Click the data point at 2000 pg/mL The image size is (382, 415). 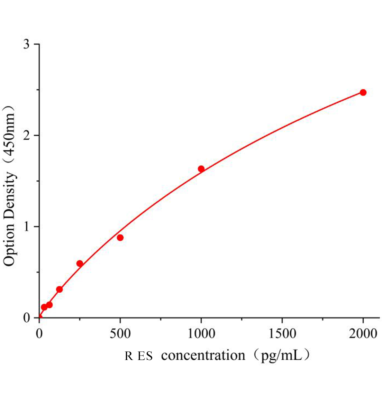(363, 92)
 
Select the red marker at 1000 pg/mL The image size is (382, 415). (201, 169)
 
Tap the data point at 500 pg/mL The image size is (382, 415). (120, 238)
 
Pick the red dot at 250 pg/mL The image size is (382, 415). (80, 264)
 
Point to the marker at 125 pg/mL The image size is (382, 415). (60, 289)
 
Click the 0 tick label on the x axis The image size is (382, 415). (39, 334)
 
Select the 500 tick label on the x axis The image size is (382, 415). (120, 334)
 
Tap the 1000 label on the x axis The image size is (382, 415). (201, 334)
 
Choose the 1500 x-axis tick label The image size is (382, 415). (282, 334)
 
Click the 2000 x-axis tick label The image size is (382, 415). (363, 334)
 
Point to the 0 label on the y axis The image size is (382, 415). (27, 317)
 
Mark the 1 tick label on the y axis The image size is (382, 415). (27, 227)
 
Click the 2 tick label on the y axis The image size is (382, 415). (27, 135)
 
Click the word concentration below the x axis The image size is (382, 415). (203, 355)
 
